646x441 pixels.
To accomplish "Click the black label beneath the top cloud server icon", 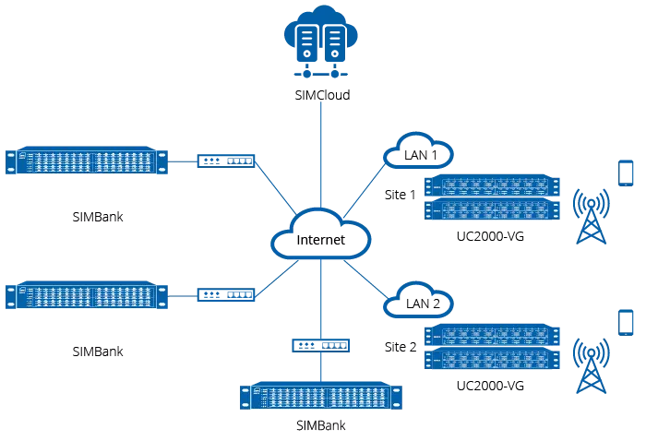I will coord(323,96).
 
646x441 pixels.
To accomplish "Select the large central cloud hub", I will coord(321,238).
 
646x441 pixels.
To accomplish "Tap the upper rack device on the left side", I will coord(89,162).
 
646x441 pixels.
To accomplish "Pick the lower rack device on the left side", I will coord(89,296).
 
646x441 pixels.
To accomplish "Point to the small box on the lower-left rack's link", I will coord(225,295).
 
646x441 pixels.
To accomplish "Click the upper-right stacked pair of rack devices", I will coord(490,197).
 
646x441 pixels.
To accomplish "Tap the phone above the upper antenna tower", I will coord(626,172).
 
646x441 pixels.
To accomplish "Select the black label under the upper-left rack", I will coord(95,215).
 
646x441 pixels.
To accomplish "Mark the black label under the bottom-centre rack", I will coord(320,427).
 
